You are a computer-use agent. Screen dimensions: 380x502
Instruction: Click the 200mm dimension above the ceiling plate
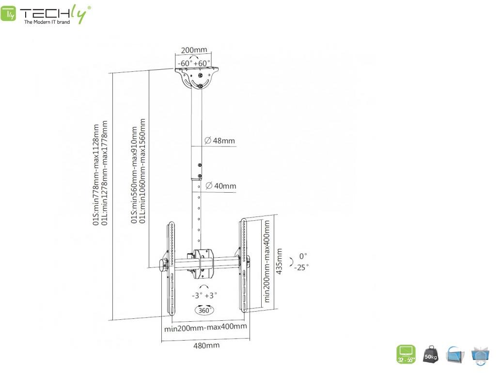tap(194, 50)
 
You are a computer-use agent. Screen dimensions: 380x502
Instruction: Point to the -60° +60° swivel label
tap(194, 63)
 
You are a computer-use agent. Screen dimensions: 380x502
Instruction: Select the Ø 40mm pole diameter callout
tap(220, 185)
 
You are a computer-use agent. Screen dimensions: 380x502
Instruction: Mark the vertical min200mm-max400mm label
tap(267, 262)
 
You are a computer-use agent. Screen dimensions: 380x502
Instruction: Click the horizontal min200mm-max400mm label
tap(205, 327)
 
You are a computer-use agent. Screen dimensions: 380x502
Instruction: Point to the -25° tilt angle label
tap(301, 267)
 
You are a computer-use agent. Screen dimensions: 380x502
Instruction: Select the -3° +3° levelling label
tap(204, 295)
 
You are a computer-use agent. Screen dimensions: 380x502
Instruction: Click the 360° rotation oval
tap(204, 309)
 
